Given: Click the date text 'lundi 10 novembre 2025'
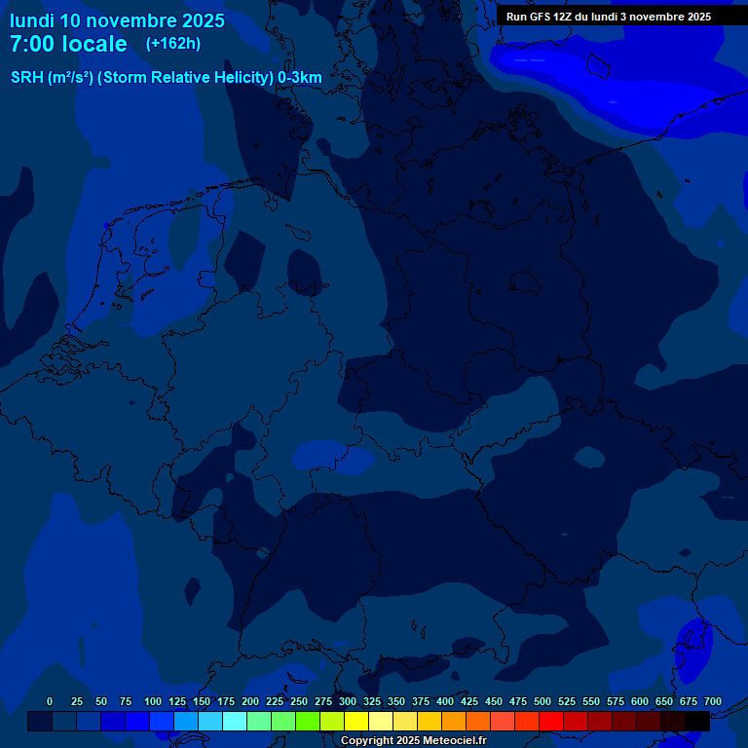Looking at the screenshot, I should point(117,20).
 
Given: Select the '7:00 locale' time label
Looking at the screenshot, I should point(68,44).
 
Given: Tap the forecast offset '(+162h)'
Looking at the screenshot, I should point(172,44).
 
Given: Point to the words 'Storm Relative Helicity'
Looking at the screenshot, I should point(186,78).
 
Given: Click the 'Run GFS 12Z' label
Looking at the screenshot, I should point(542,17).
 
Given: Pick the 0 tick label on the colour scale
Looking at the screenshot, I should point(50,701).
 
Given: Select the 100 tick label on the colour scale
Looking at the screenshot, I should point(153,701).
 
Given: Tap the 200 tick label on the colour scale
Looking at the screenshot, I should point(250,701).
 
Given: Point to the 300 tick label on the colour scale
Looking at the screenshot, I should point(348,701).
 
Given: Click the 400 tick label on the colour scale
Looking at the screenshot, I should point(445,701).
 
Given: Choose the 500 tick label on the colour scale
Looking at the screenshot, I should point(542,701).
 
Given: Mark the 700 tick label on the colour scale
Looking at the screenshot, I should point(713,701).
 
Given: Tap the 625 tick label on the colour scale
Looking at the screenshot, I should point(664,701).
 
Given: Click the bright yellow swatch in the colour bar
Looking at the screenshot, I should point(356,721).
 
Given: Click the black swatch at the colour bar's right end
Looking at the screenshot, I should point(697,721).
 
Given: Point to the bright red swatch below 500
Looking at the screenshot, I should point(551,721).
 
